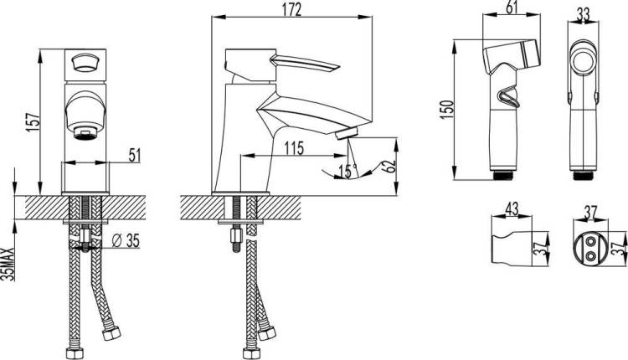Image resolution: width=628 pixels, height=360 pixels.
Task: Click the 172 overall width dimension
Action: [291, 9]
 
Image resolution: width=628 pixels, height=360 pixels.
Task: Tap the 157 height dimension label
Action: [33, 122]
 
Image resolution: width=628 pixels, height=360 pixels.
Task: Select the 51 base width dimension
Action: [135, 155]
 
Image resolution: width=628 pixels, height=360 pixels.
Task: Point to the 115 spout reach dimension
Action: [294, 148]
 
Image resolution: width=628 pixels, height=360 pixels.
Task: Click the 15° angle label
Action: [347, 172]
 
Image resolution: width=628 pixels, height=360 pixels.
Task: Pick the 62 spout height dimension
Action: [389, 166]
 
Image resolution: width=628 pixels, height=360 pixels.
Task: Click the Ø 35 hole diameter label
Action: [126, 240]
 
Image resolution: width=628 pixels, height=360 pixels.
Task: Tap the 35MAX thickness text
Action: [8, 265]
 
